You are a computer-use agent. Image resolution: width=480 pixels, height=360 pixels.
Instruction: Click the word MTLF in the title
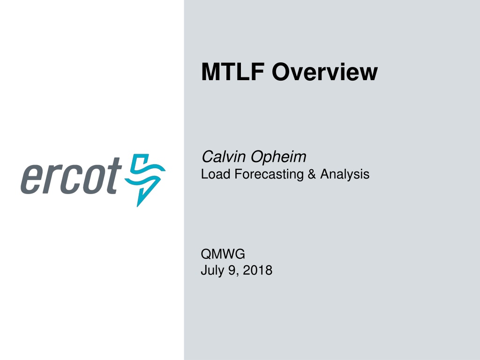232,72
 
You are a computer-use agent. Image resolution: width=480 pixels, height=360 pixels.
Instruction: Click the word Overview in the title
325,72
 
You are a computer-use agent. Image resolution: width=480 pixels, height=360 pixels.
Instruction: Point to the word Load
216,174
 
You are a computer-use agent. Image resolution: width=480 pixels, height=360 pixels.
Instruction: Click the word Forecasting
269,174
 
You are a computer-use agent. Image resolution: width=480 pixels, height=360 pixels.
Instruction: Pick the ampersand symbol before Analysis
312,174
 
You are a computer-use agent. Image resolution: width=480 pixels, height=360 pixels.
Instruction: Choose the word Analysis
345,174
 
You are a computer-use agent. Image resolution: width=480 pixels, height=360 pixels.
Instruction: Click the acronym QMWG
223,254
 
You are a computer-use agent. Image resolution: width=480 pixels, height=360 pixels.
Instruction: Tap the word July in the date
212,270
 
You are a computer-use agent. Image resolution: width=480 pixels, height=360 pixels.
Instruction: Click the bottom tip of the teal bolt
137,207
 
